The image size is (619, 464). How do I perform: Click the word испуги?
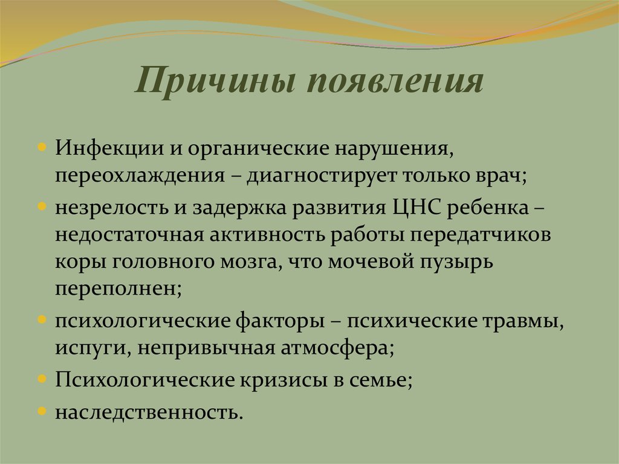pyautogui.click(x=90, y=348)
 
